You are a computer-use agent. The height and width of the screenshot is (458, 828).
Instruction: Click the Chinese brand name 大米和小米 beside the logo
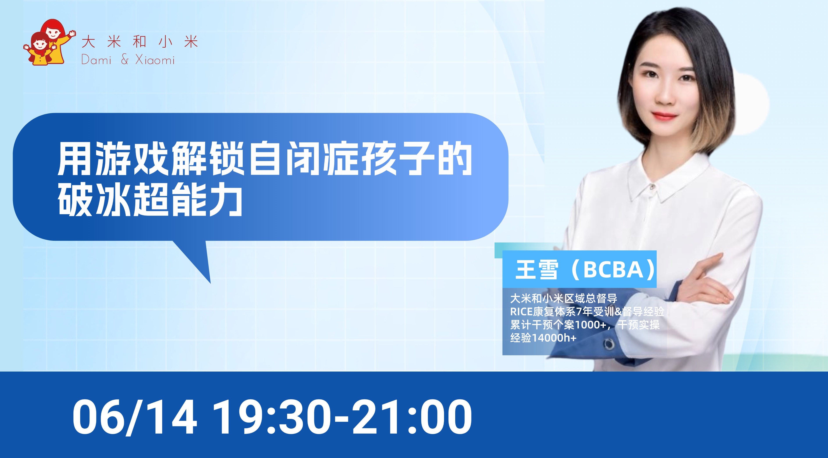pyautogui.click(x=140, y=42)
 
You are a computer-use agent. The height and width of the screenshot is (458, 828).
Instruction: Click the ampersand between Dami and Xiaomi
pyautogui.click(x=125, y=59)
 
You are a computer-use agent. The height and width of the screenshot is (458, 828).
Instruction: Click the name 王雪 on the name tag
pyautogui.click(x=537, y=270)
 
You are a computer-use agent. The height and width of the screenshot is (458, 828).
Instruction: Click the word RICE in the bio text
pyautogui.click(x=521, y=312)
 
